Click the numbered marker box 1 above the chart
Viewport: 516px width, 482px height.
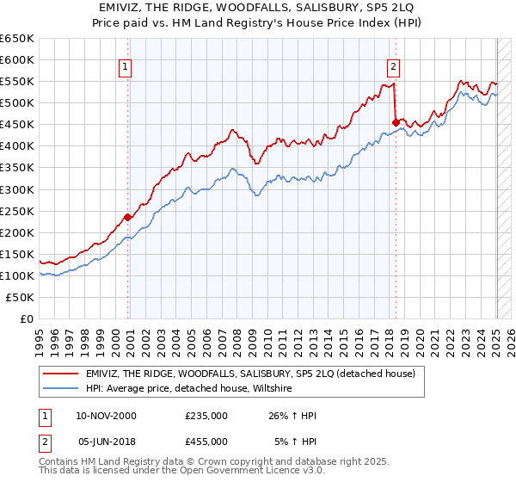[x=126, y=66]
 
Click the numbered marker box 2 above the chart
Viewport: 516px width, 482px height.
[x=393, y=66]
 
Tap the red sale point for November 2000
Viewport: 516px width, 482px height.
[x=127, y=217]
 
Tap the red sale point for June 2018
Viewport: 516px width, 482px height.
[x=395, y=122]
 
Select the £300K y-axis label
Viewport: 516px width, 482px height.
[x=17, y=189]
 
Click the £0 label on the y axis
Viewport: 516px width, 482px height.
[x=26, y=318]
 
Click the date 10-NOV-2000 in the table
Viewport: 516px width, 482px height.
[x=107, y=416]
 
